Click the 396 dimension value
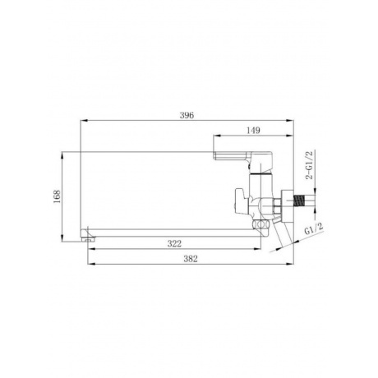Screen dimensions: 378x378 pos(187,115)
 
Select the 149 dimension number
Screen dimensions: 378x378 pos(253,131)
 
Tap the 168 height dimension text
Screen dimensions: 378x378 pos(57,196)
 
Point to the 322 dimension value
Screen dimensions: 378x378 pos(174,243)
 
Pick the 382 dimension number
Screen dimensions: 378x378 pos(191,259)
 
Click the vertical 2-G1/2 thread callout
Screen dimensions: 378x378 pos(309,165)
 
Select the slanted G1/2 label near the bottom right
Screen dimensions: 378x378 pos(314,228)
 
